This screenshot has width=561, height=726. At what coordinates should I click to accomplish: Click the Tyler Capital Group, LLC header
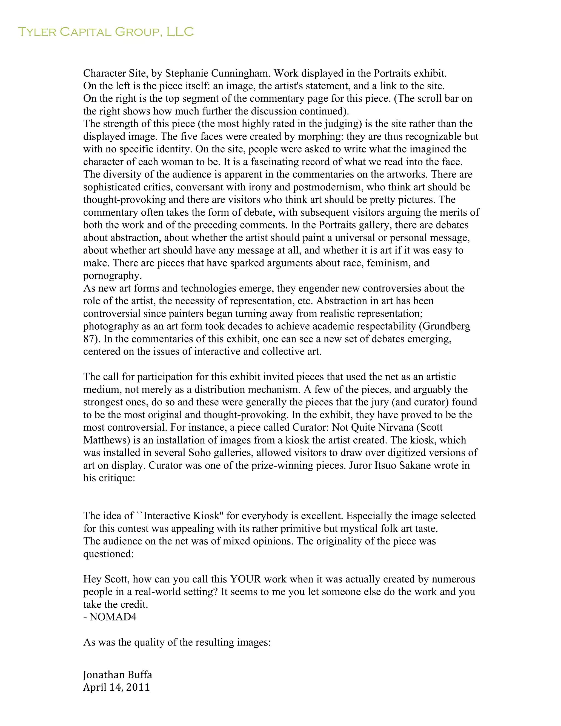[x=105, y=32]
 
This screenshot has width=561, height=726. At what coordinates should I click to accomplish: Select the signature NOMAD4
[x=113, y=617]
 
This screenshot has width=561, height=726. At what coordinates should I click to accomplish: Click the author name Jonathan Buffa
[x=117, y=675]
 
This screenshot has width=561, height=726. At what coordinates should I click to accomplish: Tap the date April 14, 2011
[x=116, y=687]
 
